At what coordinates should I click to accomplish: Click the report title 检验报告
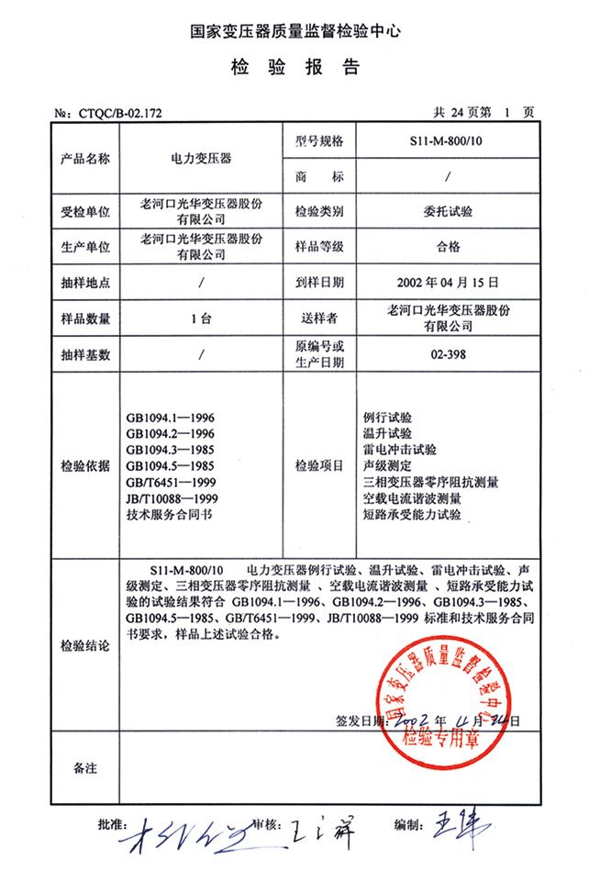pos(294,67)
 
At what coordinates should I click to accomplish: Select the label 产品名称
pos(85,158)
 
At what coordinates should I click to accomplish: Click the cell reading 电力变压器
pos(200,158)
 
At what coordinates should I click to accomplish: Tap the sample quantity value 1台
pos(200,318)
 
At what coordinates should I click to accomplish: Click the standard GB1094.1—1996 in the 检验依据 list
pos(171,419)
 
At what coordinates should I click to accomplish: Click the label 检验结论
pos(85,646)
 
